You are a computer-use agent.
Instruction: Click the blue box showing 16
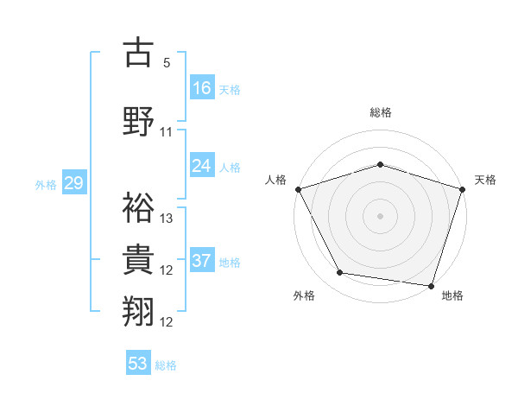point(202,88)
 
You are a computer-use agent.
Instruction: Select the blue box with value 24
point(202,166)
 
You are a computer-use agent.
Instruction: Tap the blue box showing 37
point(202,261)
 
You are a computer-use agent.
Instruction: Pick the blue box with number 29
point(73,183)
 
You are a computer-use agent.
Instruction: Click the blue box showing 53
point(138,364)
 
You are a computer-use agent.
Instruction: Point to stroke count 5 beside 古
point(167,63)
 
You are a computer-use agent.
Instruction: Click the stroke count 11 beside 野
point(167,132)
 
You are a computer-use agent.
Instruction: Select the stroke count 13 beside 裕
point(167,218)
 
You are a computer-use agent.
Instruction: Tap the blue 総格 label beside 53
point(166,365)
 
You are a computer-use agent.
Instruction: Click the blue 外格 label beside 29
point(46,184)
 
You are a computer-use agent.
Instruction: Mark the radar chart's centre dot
point(380,215)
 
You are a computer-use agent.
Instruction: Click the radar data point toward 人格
point(298,188)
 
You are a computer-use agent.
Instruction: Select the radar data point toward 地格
point(431,285)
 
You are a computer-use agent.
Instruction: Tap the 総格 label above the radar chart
point(380,112)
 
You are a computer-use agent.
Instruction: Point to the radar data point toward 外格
point(340,273)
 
